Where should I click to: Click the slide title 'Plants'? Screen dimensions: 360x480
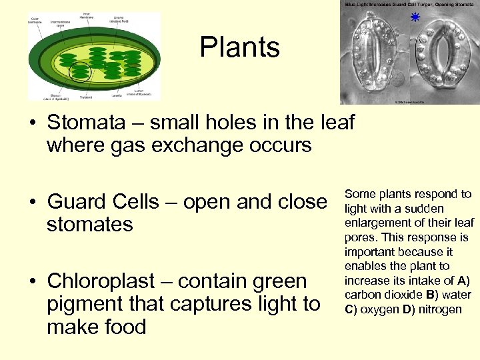click(x=239, y=47)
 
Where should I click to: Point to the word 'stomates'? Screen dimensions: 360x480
click(x=90, y=225)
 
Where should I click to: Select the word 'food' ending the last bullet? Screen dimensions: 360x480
click(x=122, y=327)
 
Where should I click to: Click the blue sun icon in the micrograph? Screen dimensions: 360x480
click(x=415, y=17)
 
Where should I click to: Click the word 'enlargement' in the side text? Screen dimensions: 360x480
click(x=375, y=223)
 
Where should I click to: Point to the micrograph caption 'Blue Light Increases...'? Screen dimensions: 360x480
click(x=409, y=4)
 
